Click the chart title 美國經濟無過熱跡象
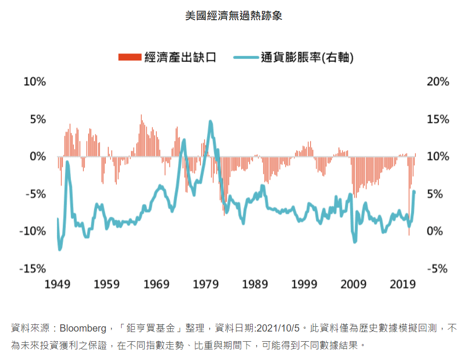[233, 16]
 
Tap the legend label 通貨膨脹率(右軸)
[307, 58]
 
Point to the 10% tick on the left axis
[35, 81]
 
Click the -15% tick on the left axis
[32, 268]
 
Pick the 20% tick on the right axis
[438, 81]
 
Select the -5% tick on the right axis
[438, 268]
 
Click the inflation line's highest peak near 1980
[210, 122]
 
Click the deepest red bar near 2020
[409, 235]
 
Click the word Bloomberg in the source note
[83, 329]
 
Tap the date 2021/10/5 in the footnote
[280, 329]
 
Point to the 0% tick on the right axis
[438, 231]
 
